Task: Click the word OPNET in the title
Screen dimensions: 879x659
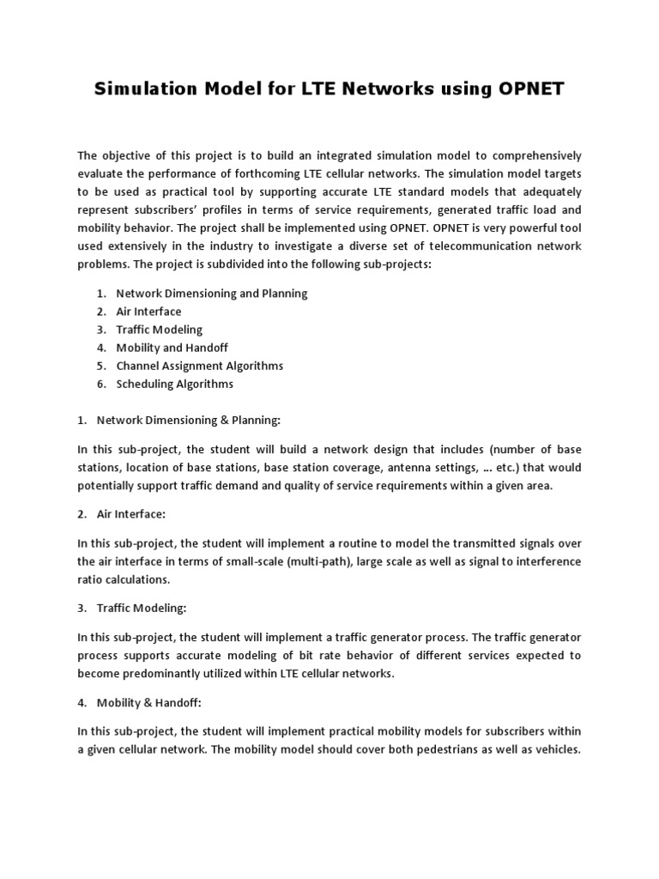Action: point(525,89)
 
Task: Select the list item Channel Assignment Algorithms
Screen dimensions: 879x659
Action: point(199,366)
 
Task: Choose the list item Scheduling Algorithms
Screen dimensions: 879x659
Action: point(174,384)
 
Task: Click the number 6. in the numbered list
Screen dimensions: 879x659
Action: point(101,384)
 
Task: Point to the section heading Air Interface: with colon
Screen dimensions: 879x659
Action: point(137,513)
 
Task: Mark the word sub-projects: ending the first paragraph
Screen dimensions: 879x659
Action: point(394,264)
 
